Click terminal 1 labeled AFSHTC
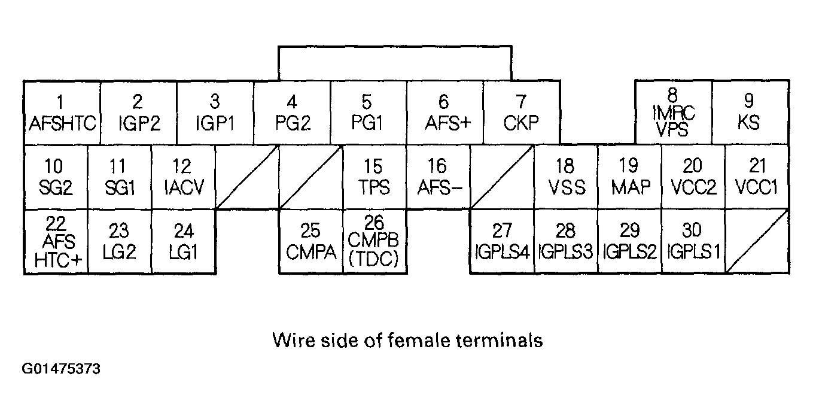(x=62, y=113)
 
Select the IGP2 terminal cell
(x=138, y=113)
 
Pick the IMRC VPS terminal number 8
(x=672, y=113)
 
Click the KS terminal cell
(x=749, y=113)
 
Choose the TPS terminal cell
(x=374, y=177)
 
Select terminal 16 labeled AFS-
(x=439, y=177)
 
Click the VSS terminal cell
(x=566, y=177)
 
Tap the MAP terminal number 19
(x=629, y=177)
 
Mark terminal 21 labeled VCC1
(x=757, y=177)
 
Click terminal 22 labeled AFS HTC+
(x=56, y=242)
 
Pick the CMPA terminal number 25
(x=310, y=242)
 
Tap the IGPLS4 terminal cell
(x=502, y=242)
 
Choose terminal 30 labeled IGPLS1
(x=693, y=242)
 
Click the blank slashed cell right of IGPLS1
(x=757, y=242)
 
